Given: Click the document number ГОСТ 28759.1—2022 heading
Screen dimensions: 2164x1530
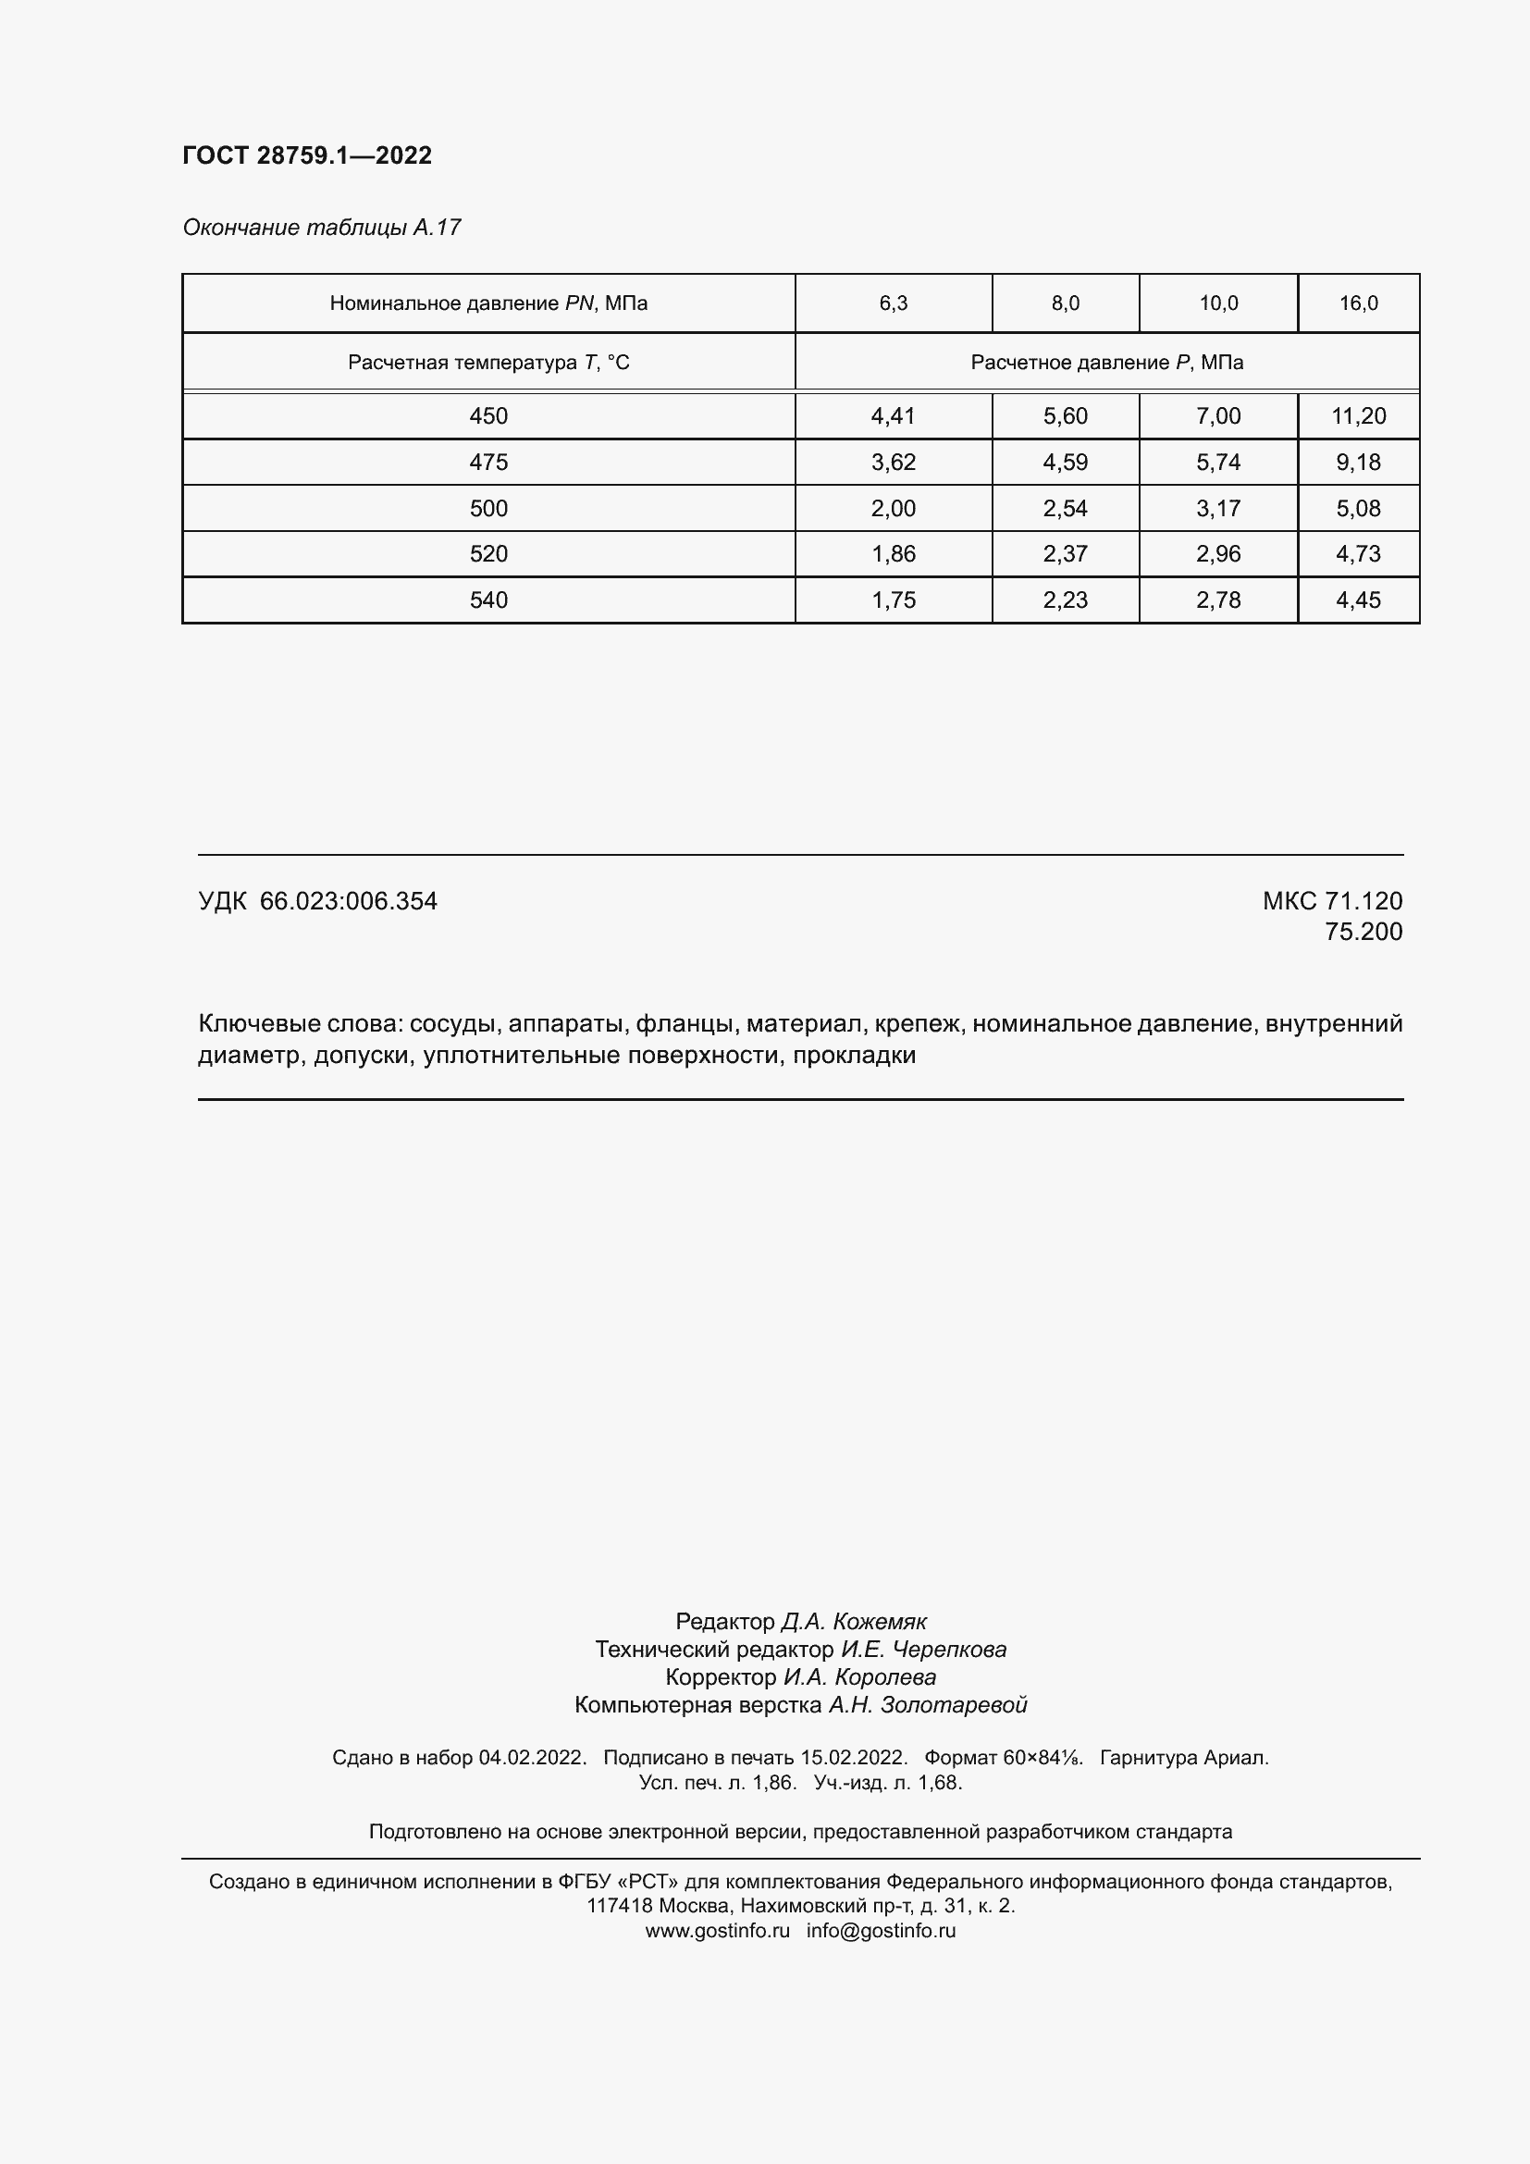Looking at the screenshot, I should coord(307,155).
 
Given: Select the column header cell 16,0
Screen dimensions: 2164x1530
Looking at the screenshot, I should coord(1358,303).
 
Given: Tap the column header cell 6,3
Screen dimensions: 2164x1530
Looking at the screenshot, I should coord(894,303).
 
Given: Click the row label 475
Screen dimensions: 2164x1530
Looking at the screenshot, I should coord(488,462).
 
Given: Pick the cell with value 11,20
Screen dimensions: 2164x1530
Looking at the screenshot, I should coord(1358,415).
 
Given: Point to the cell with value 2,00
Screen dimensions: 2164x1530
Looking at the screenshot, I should coord(894,508).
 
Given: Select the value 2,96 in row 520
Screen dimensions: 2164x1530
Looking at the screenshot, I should coord(1218,554).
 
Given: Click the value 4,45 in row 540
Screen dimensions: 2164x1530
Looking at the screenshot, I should coord(1358,600).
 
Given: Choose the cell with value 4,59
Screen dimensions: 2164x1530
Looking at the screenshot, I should coord(1065,462).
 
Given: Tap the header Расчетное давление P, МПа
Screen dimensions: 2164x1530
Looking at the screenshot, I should coord(1106,363).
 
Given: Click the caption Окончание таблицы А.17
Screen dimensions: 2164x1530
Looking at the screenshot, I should coord(321,228).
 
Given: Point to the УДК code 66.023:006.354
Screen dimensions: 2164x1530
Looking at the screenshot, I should coord(348,901).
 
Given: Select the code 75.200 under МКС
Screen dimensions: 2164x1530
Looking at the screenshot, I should coord(1363,932).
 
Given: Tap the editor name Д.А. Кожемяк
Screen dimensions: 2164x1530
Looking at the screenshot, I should coord(853,1621).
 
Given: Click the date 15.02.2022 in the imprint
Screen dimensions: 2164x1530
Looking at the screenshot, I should coord(854,1757).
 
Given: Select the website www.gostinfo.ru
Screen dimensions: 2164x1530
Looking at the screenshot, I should coord(717,1930).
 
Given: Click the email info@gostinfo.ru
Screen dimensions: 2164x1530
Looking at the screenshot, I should coord(881,1930).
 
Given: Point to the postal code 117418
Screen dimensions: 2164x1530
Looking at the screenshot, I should coord(619,1906).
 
